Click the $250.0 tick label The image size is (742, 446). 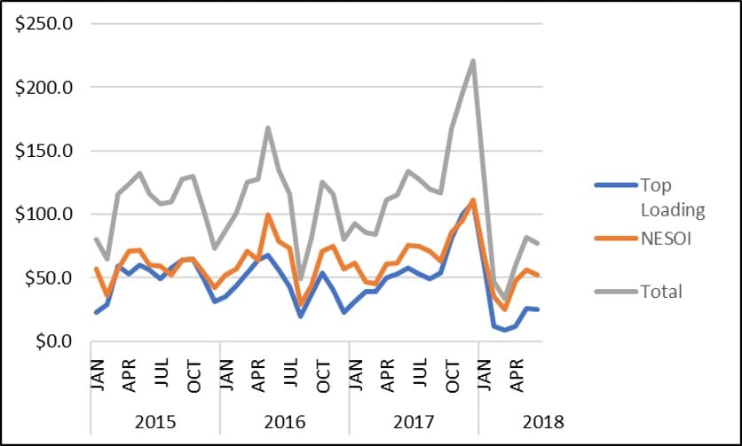44,24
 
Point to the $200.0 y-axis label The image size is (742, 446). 44,88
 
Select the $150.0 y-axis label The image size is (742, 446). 44,151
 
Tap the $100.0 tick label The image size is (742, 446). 44,215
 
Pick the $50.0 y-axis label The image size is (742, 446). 49,278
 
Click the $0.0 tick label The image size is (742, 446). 53,341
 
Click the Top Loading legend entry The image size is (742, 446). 650,197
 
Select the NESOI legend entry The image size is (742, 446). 643,239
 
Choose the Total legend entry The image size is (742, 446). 638,292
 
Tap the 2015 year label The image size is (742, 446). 155,421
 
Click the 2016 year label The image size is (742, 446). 284,421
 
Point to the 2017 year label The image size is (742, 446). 414,421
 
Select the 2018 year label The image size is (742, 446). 543,421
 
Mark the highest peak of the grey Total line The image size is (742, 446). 473,60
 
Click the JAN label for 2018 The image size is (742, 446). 484,375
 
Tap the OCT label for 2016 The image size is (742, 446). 323,377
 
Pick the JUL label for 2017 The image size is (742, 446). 420,372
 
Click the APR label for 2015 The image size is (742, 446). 129,376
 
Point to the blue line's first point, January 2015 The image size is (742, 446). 97,312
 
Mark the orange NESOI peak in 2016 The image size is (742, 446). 268,215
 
